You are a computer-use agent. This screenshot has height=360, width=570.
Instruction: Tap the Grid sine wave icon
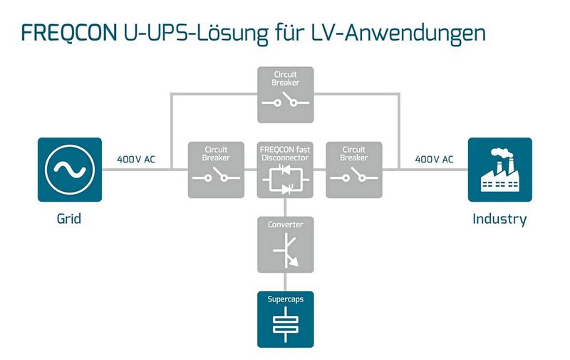point(70,170)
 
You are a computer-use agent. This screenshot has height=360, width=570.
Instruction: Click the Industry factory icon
point(499,170)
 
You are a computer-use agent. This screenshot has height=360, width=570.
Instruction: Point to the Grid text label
point(69,219)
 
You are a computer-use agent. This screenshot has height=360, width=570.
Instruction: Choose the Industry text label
point(499,219)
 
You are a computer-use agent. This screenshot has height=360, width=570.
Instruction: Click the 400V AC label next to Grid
point(136,159)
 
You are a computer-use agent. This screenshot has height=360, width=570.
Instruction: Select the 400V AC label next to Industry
point(433,159)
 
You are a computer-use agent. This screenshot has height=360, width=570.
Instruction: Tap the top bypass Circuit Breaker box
point(284,93)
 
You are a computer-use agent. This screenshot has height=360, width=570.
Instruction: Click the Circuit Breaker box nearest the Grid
point(215,170)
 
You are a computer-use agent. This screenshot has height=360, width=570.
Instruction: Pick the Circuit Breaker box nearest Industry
point(353,170)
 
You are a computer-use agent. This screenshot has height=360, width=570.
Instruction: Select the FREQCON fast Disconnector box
point(284,170)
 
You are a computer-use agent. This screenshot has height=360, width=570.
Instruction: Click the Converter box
point(284,245)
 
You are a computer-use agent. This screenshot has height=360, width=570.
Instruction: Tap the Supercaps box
point(284,319)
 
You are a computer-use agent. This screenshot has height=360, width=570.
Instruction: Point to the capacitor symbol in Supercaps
point(284,325)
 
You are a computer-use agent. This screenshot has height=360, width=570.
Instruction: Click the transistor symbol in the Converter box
point(286,253)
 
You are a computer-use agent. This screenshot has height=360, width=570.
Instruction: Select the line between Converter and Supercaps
point(284,282)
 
